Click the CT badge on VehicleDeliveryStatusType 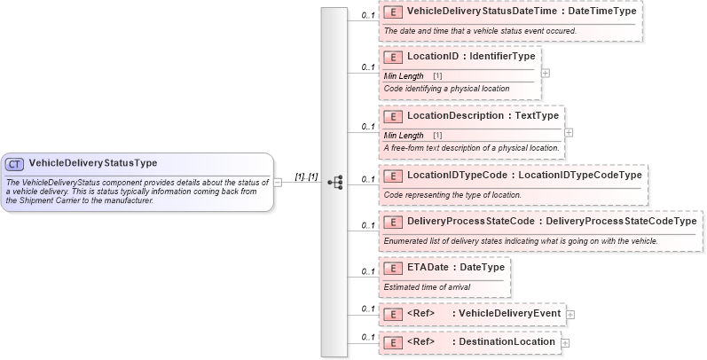(x=15, y=163)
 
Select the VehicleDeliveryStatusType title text (x=93, y=163)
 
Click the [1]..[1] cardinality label (x=306, y=176)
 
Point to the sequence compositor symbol (x=335, y=182)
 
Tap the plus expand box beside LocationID (x=546, y=74)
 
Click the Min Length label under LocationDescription (x=404, y=135)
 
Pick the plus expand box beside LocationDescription (x=569, y=133)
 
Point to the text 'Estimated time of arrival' (x=428, y=287)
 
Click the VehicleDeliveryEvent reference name (x=509, y=314)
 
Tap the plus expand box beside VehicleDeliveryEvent (x=570, y=315)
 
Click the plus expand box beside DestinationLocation (x=565, y=342)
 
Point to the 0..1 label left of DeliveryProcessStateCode (x=367, y=225)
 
